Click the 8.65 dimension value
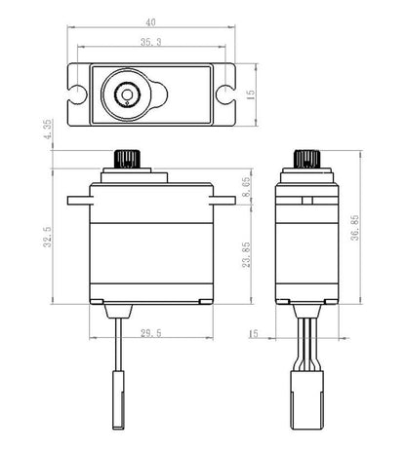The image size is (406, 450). coord(251,187)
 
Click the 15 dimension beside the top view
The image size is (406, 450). coord(251,94)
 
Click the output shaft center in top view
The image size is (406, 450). coord(126,94)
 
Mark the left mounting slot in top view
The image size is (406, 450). coord(78,94)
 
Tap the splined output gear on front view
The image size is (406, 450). coord(126,158)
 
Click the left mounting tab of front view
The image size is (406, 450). coord(77,202)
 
